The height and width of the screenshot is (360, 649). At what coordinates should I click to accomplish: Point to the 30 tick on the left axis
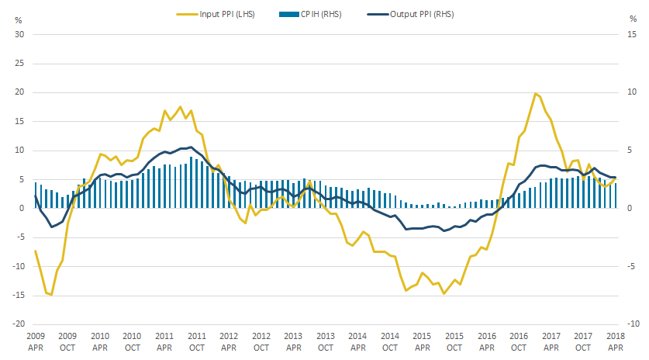coord(20,35)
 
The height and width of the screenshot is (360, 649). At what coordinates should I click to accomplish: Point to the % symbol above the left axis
coord(19,19)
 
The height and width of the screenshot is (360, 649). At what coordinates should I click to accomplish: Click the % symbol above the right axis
coord(630,19)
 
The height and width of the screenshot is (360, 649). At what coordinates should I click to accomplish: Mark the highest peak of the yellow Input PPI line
coord(535,94)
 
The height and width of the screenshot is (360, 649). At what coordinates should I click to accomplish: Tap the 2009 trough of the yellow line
coord(51,295)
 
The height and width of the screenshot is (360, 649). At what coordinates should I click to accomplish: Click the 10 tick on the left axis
coord(20,151)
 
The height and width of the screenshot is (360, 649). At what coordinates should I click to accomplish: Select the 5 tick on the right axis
coord(633,151)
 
